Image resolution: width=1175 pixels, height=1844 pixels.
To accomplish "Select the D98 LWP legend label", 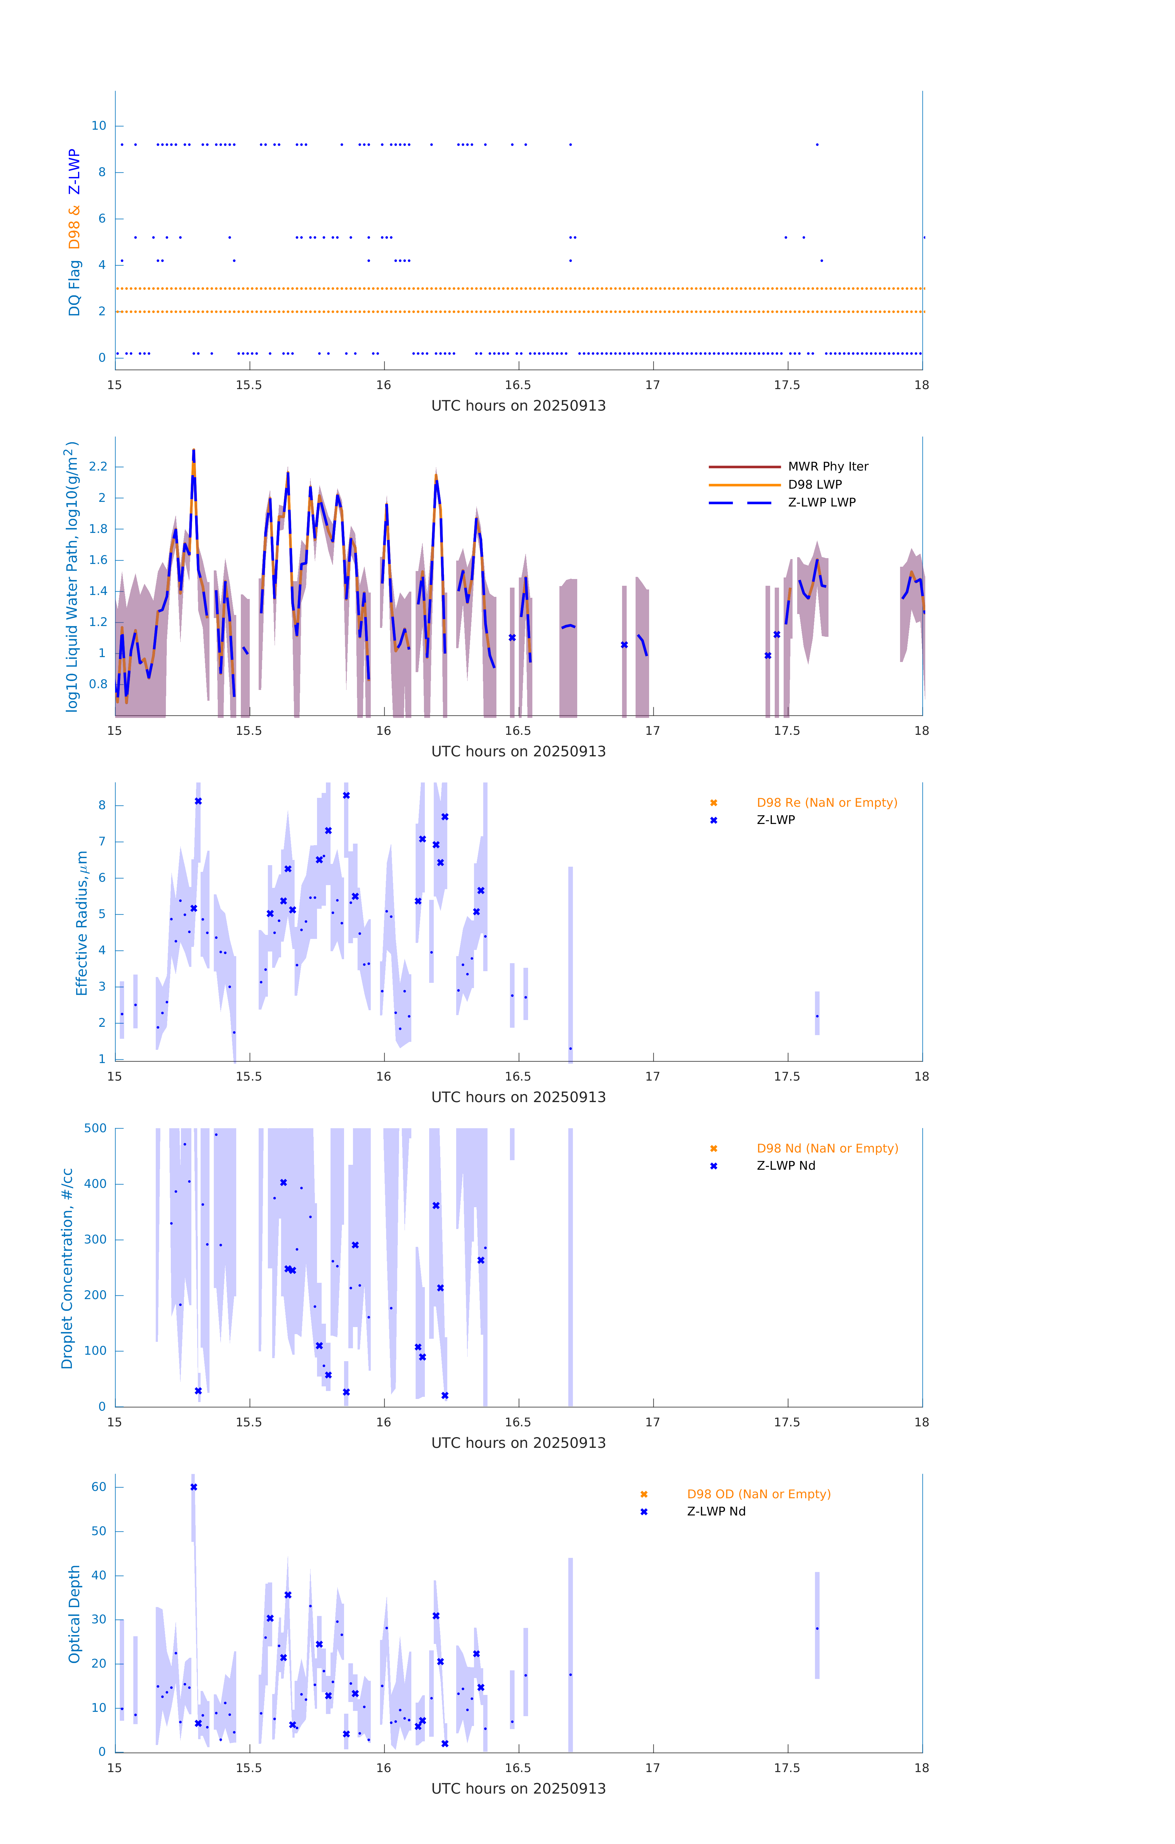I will click(814, 485).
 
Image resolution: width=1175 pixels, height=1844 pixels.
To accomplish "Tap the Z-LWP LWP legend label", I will click(821, 502).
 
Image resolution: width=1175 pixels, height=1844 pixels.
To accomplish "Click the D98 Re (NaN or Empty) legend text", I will click(827, 802).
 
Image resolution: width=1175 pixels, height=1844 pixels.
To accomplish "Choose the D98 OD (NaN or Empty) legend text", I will click(758, 1494).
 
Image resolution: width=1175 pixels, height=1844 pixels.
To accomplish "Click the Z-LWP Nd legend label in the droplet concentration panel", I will click(785, 1165).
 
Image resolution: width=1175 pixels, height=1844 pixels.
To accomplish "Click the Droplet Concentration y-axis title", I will click(67, 1268).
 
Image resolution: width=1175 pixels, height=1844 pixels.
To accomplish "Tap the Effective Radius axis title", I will click(82, 923).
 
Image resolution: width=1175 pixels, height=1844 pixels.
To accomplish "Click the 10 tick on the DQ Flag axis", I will click(99, 126).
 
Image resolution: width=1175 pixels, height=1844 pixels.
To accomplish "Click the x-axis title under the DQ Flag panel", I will click(518, 406).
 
